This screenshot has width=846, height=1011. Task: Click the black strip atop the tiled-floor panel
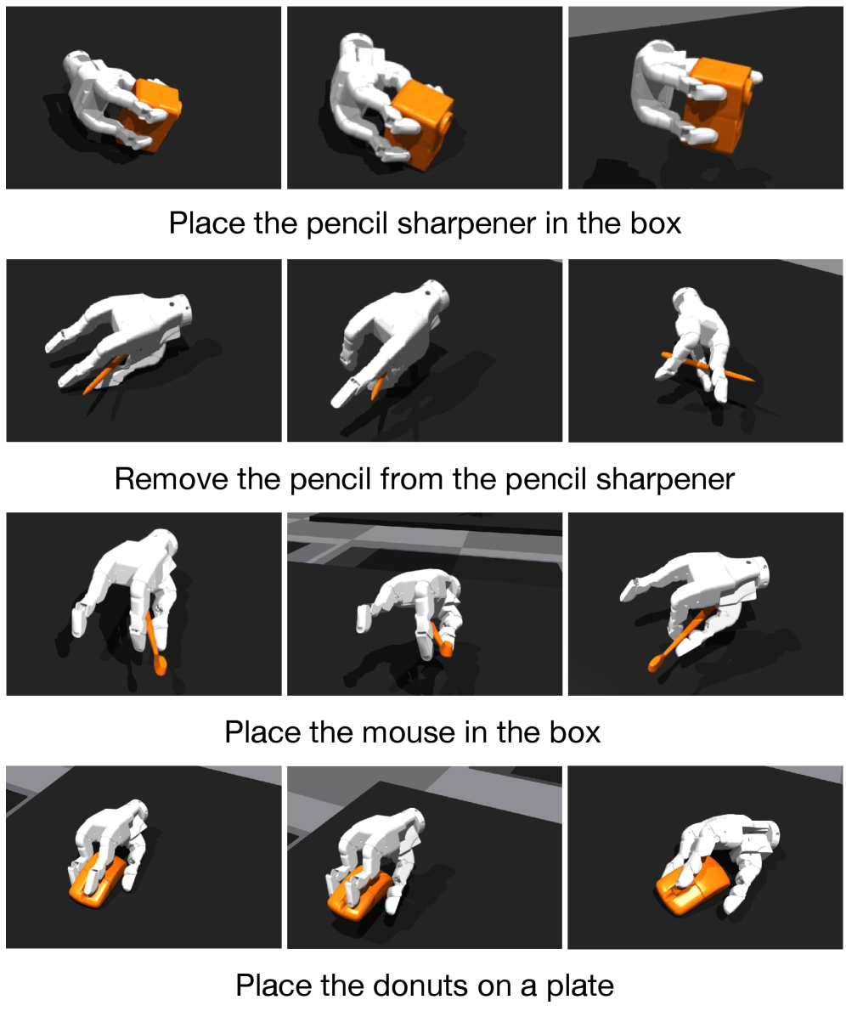pyautogui.click(x=435, y=522)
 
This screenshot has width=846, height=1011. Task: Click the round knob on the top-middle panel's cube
pyautogui.click(x=447, y=120)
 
